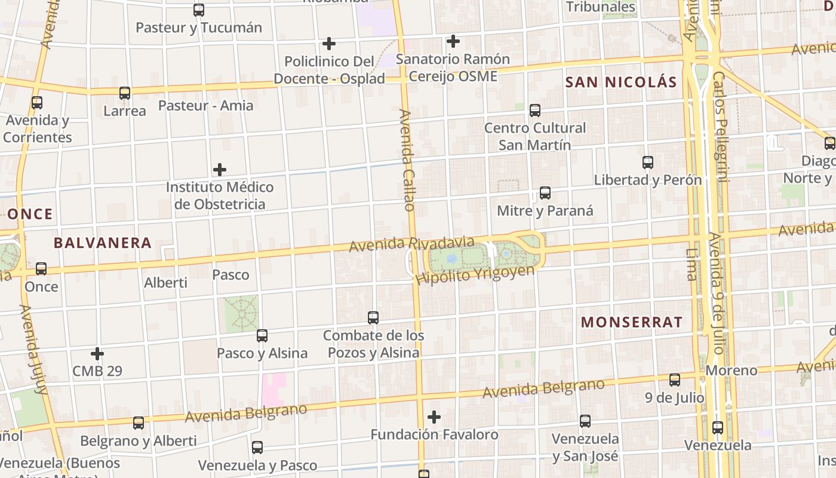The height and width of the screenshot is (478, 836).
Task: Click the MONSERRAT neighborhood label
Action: [631, 322]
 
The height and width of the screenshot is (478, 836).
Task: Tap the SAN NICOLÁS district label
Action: [621, 82]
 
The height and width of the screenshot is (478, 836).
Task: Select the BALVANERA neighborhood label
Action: [102, 243]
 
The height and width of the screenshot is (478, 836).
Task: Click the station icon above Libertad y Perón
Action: [647, 162]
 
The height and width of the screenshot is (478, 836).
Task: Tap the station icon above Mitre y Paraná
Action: [545, 193]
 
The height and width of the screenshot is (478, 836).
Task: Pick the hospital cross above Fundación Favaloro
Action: [434, 416]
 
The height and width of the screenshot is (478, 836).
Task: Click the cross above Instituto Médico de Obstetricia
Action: [220, 170]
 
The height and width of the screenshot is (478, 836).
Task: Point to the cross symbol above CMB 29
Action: [97, 354]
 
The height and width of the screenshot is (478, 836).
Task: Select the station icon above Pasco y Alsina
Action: [262, 335]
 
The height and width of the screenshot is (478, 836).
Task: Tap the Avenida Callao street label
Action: [407, 160]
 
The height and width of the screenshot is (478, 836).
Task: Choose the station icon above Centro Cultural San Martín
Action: [534, 111]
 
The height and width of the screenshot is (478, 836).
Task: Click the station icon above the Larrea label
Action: [124, 93]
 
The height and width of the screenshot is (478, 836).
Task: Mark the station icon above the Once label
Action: [41, 269]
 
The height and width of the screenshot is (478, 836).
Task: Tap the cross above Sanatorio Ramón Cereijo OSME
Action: [453, 41]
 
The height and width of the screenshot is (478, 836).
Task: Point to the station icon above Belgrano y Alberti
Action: [138, 423]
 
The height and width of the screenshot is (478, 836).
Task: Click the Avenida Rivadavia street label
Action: [411, 244]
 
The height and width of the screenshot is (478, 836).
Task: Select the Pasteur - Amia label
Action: [205, 106]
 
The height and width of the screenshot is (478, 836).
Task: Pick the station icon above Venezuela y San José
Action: [585, 421]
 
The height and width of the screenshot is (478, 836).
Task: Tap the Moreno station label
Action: [731, 370]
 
